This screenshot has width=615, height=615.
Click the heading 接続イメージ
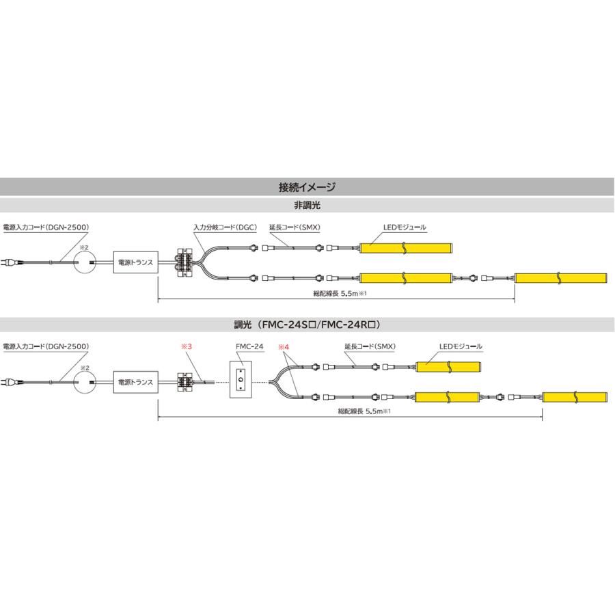[307, 187]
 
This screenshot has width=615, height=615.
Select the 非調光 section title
[307, 205]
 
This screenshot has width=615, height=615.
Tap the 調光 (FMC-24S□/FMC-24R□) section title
[307, 325]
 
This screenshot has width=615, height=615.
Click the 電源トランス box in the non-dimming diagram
[136, 262]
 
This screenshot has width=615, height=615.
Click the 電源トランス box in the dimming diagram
[136, 381]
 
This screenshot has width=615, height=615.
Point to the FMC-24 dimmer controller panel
[241, 379]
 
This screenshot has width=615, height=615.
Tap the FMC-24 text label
[249, 346]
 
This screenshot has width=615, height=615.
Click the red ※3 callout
[187, 346]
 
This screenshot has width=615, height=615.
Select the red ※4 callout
[284, 346]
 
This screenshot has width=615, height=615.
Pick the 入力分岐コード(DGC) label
[225, 227]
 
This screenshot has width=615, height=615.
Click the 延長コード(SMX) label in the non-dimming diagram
[295, 227]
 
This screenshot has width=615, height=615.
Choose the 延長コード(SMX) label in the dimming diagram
[370, 346]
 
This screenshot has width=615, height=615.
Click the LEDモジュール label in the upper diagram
[405, 227]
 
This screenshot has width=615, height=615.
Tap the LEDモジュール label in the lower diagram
[461, 346]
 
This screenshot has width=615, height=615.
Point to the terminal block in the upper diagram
[184, 262]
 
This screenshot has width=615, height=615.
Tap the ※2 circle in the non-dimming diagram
[85, 262]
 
